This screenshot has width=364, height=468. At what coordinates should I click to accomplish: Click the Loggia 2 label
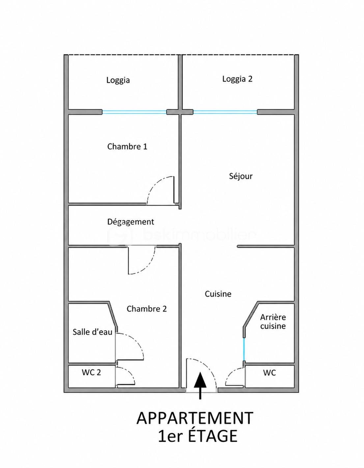click(237, 79)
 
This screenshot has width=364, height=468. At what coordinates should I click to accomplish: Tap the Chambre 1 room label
click(127, 147)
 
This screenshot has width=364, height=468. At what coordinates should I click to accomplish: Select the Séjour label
click(241, 176)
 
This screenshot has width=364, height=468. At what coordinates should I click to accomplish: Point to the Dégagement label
click(131, 222)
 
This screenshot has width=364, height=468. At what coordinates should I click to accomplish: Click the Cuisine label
click(218, 294)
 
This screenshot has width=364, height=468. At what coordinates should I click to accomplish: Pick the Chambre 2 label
click(147, 309)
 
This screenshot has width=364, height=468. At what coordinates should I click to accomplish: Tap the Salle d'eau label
click(93, 332)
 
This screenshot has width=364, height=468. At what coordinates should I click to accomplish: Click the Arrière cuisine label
click(273, 322)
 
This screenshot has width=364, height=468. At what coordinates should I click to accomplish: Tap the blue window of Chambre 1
click(134, 112)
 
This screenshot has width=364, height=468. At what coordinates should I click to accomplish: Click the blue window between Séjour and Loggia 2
click(225, 112)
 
